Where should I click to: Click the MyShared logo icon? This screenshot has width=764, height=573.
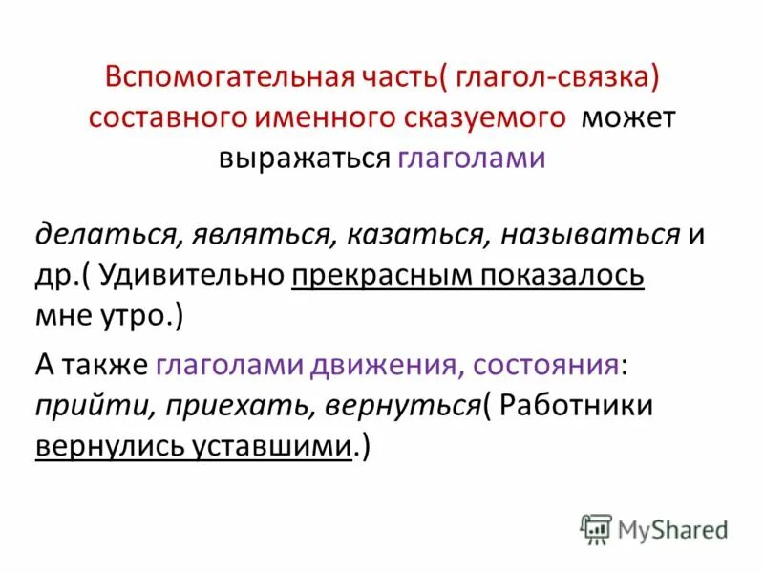click(597, 528)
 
